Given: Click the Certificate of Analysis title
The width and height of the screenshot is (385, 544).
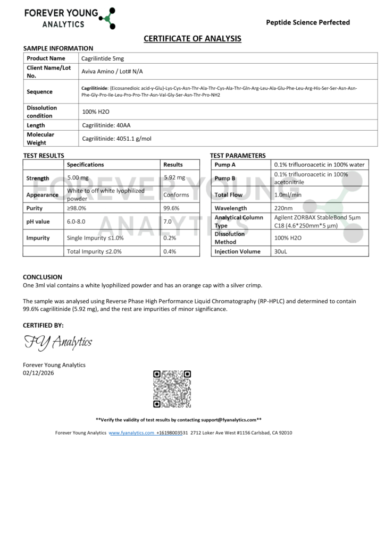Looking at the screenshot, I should pyautogui.click(x=192, y=38).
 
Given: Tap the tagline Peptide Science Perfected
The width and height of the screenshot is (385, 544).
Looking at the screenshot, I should pyautogui.click(x=308, y=22).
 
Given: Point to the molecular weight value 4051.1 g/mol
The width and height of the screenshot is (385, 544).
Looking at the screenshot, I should pyautogui.click(x=116, y=139).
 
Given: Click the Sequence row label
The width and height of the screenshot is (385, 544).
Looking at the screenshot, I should pyautogui.click(x=39, y=91).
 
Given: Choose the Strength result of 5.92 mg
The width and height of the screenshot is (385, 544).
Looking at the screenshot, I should pyautogui.click(x=174, y=178).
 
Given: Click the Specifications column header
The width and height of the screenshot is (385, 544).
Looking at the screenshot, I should pyautogui.click(x=85, y=165).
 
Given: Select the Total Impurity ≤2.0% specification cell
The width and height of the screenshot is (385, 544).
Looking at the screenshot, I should pyautogui.click(x=94, y=251).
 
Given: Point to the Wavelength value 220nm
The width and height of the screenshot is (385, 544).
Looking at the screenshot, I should pyautogui.click(x=283, y=208).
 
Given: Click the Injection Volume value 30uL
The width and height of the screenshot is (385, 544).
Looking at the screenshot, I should pyautogui.click(x=280, y=251).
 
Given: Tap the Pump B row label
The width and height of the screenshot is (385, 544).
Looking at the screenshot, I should pyautogui.click(x=225, y=178).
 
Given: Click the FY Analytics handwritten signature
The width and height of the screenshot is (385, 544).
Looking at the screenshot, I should pyautogui.click(x=58, y=343).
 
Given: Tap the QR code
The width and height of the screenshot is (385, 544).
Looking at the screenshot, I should pyautogui.click(x=172, y=389).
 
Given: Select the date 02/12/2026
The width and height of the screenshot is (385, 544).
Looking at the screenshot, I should pyautogui.click(x=38, y=373).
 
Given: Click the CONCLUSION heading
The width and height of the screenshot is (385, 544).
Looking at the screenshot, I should pyautogui.click(x=43, y=277).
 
